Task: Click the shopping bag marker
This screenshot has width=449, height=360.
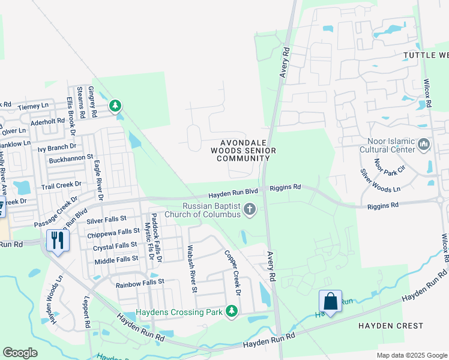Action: click(x=330, y=301)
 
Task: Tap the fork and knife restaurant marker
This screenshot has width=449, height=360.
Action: click(x=58, y=241)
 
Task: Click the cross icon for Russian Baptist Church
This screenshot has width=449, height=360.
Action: click(x=250, y=209)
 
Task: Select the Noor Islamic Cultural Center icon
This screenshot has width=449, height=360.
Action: click(x=424, y=144)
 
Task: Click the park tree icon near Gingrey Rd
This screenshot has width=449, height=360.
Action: click(x=115, y=106)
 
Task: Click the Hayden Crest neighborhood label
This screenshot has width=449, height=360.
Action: click(x=391, y=326)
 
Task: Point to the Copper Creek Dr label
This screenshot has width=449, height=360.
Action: click(x=232, y=273)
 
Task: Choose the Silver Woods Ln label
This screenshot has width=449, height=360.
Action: click(x=380, y=180)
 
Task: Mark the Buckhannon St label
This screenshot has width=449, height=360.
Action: click(x=71, y=158)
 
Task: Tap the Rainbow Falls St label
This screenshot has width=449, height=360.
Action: click(x=140, y=282)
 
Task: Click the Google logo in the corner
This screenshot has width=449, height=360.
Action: click(x=20, y=352)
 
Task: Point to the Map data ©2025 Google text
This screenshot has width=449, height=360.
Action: click(x=411, y=355)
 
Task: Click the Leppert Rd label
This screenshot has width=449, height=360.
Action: click(x=88, y=314)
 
